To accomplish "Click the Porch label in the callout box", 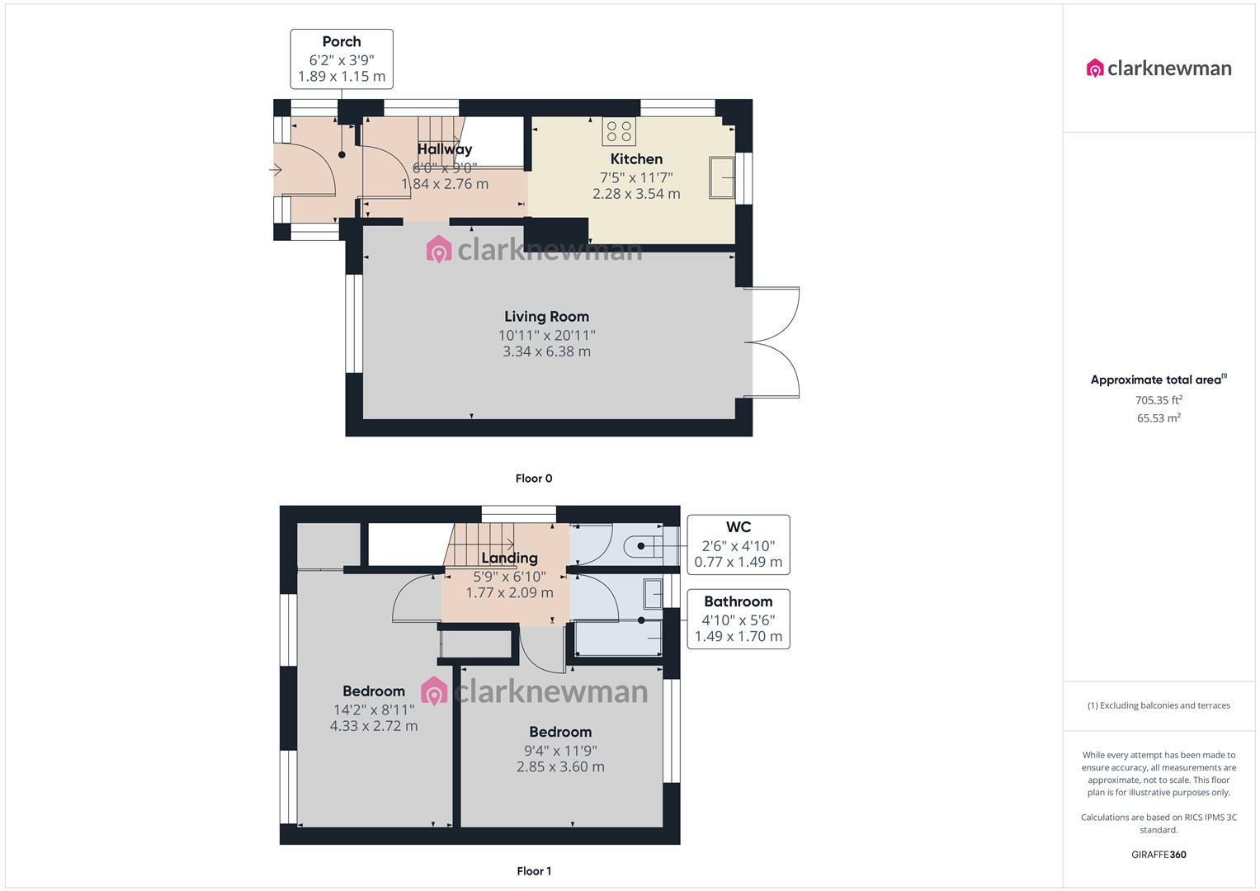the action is click(342, 41).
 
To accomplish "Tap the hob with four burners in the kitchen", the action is click(619, 132).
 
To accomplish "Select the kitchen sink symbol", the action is click(722, 177).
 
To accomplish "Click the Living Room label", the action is click(546, 317).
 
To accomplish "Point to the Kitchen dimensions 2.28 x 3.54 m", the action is click(636, 194).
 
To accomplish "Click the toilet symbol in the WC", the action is click(644, 545).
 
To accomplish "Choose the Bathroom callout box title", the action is click(738, 602).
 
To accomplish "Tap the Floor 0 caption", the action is click(534, 478).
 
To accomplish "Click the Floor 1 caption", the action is click(534, 870).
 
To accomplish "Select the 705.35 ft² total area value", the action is click(1159, 400).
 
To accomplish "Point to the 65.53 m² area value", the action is click(1159, 418).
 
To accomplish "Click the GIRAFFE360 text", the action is click(1159, 855).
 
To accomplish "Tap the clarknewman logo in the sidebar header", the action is click(1159, 68).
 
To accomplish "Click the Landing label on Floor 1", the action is click(509, 558).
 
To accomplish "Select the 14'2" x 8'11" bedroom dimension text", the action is click(374, 709).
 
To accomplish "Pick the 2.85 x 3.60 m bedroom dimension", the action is click(560, 766).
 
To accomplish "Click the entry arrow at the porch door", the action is click(275, 169).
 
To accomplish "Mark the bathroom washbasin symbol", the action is click(653, 594).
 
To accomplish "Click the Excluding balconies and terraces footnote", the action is click(1159, 705).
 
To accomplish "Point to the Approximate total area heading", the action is click(1159, 379).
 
